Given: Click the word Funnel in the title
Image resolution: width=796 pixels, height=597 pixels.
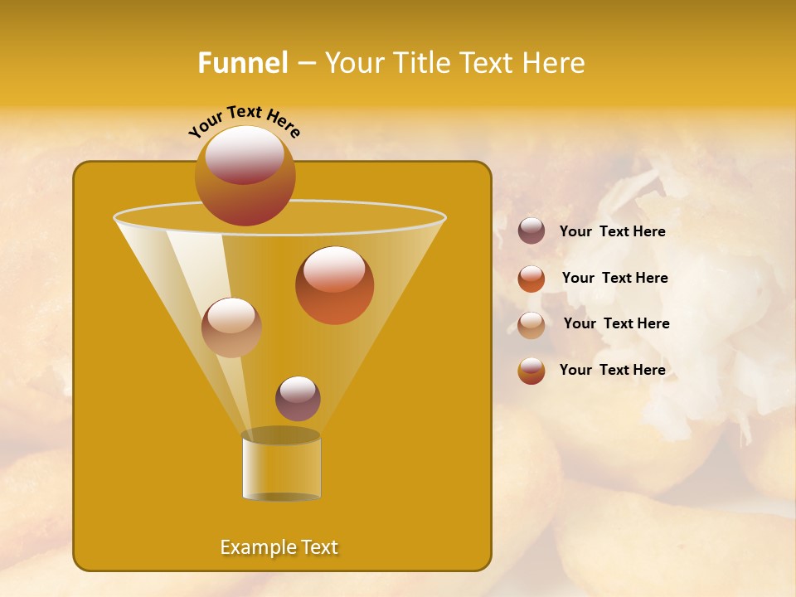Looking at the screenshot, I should pos(242,63).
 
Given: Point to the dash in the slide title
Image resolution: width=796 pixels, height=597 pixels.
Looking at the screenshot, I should pos(305,64).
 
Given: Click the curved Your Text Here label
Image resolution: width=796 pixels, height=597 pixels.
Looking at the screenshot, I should pos(245,119).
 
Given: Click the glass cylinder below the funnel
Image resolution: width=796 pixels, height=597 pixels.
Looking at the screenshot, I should pos(281,467).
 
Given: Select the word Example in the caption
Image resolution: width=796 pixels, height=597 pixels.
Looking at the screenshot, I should pos(256,547).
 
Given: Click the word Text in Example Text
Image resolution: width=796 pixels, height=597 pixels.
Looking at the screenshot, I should pos(318,547).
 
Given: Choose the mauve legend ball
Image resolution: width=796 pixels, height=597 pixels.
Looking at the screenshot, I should pos(531,231).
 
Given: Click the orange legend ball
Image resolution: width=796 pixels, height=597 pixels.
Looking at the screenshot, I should pos(531,279).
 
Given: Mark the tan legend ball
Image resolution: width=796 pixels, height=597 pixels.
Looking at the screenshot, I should pos(531,325).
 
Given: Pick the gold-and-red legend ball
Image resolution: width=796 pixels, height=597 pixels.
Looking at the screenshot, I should pos(531,371).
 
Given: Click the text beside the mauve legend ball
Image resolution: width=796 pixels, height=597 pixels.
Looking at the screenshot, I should pos(612,232).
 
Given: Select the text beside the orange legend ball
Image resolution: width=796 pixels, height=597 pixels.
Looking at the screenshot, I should pos(614,279).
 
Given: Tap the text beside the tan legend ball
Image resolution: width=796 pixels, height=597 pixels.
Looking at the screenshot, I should pos(616,324).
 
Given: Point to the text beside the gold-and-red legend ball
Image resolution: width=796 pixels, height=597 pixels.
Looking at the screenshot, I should pos(612,370).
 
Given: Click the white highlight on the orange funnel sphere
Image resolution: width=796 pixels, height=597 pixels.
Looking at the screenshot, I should pos(334,269).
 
